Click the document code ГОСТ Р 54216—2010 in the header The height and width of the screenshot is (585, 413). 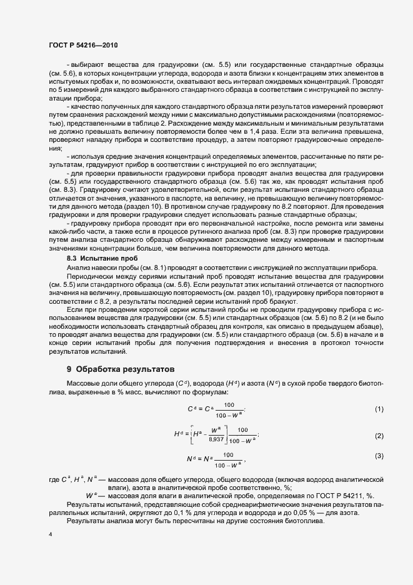point(82,46)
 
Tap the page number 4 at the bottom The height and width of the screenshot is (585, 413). point(49,536)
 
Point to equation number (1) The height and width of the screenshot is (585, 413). point(379,409)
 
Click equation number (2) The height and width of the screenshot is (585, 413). point(379,435)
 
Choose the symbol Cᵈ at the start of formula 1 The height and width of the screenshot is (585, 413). point(192,409)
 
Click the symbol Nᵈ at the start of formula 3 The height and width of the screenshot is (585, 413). point(192,459)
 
